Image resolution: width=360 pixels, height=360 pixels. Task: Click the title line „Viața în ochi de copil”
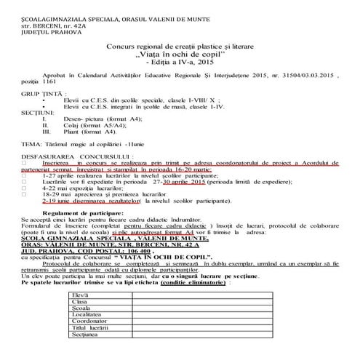click(180, 55)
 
